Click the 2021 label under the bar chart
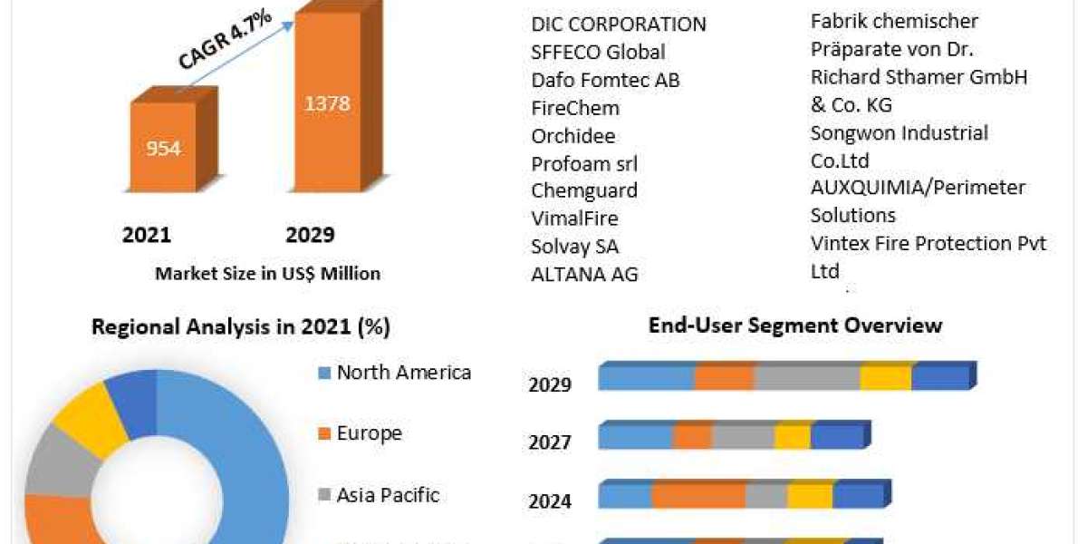tap(146, 236)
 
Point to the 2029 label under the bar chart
tap(310, 236)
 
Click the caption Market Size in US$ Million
tap(267, 273)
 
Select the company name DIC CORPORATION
tap(618, 24)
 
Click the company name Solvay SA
tap(574, 247)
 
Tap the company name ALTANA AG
tap(584, 274)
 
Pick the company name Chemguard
tap(584, 190)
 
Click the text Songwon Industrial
tap(899, 133)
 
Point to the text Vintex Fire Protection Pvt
tap(928, 243)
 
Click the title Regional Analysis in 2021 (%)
tap(241, 327)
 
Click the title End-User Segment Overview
tap(795, 325)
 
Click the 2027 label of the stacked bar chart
tap(550, 442)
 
